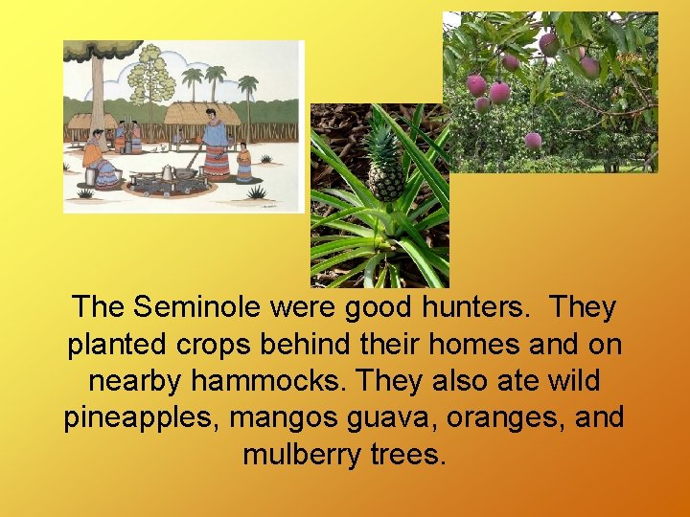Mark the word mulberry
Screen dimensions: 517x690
point(306,454)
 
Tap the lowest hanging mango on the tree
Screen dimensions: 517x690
point(533,140)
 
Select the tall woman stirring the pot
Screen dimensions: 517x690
point(216,148)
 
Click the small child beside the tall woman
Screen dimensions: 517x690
point(243,162)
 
